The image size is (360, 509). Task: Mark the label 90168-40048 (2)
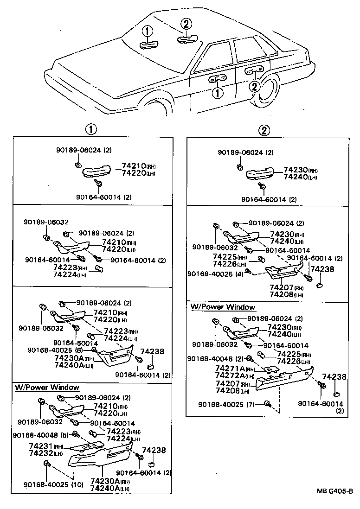tap(216, 359)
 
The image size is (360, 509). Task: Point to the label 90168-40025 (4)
tap(216, 274)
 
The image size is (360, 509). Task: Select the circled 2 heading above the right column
tap(264, 130)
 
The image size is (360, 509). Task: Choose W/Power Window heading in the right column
tap(223, 307)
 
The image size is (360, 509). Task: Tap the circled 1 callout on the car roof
tap(147, 32)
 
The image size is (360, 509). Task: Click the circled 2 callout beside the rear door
tap(254, 86)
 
